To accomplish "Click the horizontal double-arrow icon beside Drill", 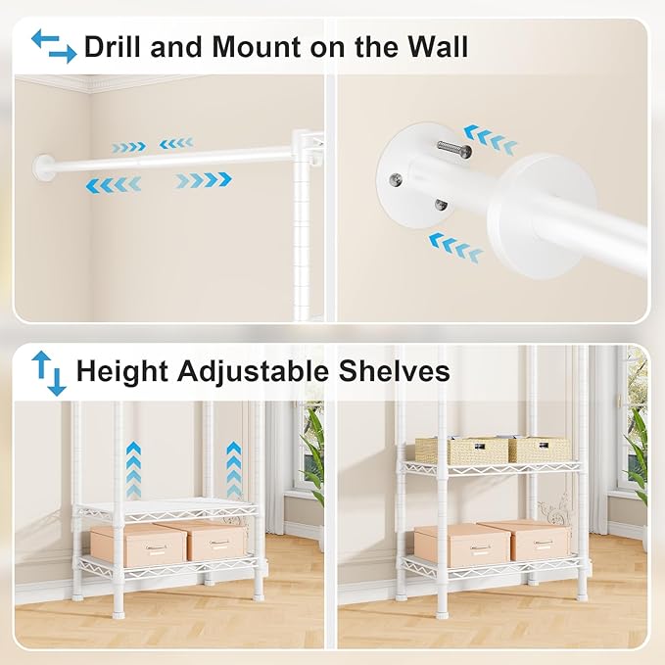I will [x=53, y=46].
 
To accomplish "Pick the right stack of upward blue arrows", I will [x=233, y=469].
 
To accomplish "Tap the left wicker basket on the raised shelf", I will [x=448, y=450].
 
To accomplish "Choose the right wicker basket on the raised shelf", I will [x=539, y=449].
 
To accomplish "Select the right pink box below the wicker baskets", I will [x=536, y=542].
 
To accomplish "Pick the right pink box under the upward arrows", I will [x=214, y=541].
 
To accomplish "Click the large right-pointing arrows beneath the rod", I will [x=204, y=180].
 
